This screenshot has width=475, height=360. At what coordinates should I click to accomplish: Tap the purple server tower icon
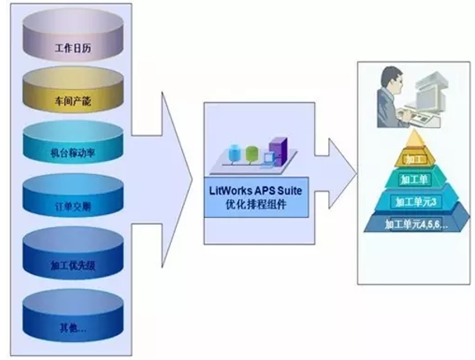pyautogui.click(x=276, y=152)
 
